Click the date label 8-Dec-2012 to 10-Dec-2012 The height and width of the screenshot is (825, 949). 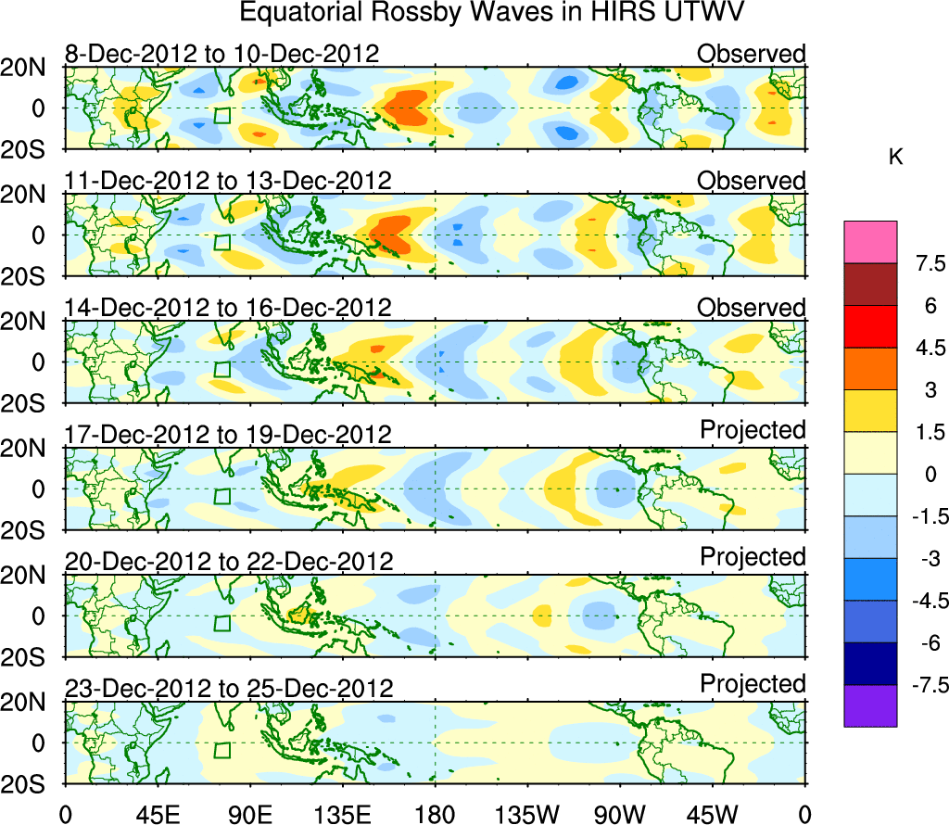[222, 54]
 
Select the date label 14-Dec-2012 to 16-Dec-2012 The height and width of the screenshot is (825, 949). [228, 308]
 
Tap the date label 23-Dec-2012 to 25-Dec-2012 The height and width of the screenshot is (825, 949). [229, 689]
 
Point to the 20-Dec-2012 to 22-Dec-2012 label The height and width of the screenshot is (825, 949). [229, 562]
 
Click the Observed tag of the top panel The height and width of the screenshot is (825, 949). [752, 54]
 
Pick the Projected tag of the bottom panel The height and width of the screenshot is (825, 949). [753, 684]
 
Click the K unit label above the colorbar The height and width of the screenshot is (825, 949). [895, 159]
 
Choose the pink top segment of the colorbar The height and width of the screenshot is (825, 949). [870, 242]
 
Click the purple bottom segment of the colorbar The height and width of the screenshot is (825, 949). [870, 705]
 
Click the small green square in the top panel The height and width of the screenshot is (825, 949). [221, 116]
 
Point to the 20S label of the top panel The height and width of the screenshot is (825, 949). [33, 150]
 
